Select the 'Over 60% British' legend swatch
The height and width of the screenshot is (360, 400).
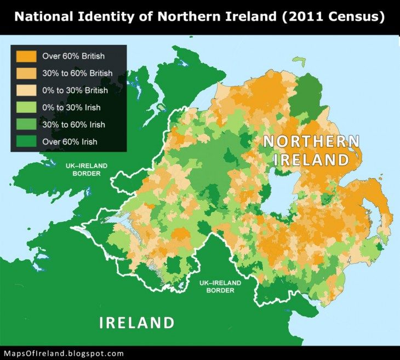click(x=27, y=56)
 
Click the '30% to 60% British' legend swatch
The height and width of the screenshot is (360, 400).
click(x=27, y=73)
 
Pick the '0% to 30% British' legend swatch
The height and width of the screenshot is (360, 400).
click(x=27, y=90)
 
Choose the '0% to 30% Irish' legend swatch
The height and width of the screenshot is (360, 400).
click(x=27, y=107)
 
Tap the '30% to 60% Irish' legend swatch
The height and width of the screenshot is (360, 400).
click(x=27, y=124)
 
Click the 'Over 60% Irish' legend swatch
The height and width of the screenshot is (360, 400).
click(x=27, y=141)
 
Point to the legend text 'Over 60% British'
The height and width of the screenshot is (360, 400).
click(x=73, y=56)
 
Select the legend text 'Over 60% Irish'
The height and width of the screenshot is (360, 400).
click(x=70, y=141)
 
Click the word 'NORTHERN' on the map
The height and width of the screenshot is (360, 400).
click(x=311, y=141)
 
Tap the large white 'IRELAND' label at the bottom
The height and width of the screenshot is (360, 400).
click(x=136, y=322)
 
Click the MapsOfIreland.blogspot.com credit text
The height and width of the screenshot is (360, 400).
click(x=64, y=353)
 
